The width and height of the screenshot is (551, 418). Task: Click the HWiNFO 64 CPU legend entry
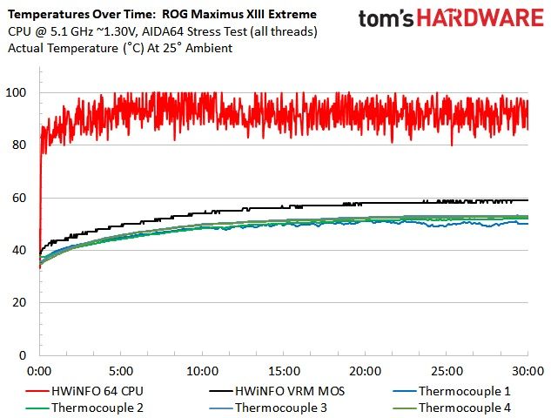pyautogui.click(x=84, y=391)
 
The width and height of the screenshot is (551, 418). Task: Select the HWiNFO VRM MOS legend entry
pyautogui.click(x=277, y=391)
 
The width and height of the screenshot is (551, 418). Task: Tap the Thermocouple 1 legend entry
pyautogui.click(x=452, y=391)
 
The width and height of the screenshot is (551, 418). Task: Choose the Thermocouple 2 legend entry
pyautogui.click(x=84, y=408)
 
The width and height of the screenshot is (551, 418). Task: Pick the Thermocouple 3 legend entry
pyautogui.click(x=268, y=408)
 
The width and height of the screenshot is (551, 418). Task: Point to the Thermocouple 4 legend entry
pyautogui.click(x=452, y=408)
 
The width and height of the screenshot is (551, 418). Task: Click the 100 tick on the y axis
pyautogui.click(x=16, y=93)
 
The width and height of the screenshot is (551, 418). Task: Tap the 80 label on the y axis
pyautogui.click(x=19, y=145)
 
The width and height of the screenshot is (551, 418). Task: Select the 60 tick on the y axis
pyautogui.click(x=19, y=198)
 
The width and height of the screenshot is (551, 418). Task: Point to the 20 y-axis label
pyautogui.click(x=19, y=302)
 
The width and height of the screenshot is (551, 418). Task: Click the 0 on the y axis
pyautogui.click(x=23, y=355)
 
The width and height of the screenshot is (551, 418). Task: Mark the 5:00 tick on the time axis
pyautogui.click(x=121, y=371)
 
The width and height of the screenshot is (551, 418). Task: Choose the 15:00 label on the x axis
pyautogui.click(x=284, y=371)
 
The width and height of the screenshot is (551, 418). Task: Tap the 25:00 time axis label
pyautogui.click(x=447, y=371)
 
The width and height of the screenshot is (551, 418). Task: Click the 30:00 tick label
pyautogui.click(x=528, y=371)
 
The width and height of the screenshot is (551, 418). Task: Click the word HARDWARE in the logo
pyautogui.click(x=480, y=18)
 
